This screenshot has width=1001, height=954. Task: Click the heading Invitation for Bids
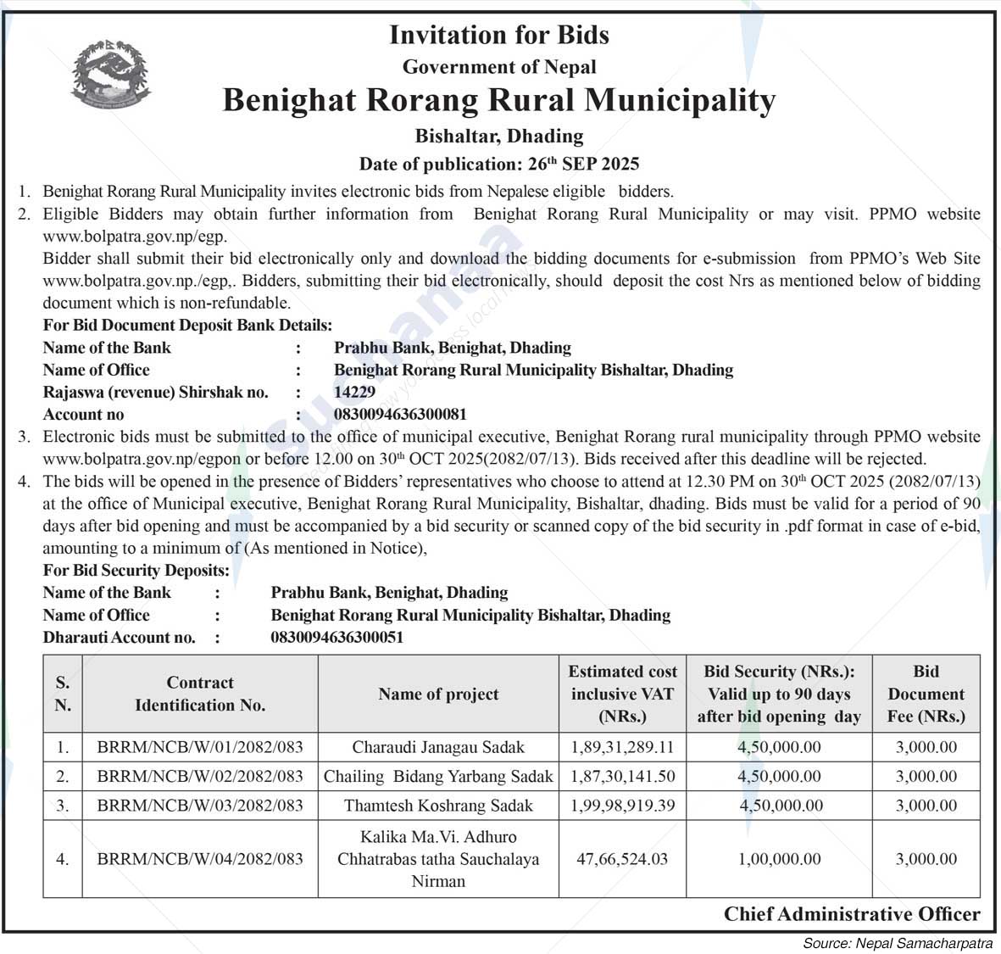498,35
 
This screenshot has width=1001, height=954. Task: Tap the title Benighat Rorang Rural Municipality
498,100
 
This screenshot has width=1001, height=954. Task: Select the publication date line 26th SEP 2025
498,164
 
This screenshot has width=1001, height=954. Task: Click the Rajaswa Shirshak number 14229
354,392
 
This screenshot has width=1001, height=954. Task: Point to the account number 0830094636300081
400,415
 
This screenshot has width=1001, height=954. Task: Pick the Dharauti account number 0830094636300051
336,637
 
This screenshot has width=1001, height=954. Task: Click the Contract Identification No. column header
200,694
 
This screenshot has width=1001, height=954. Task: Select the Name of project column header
438,694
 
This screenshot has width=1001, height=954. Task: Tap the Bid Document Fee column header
926,694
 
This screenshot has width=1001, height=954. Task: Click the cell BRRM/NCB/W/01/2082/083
200,747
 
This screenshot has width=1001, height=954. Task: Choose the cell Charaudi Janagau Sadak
438,747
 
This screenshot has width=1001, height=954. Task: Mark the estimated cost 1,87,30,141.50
622,776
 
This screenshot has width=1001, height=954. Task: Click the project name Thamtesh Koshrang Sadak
438,805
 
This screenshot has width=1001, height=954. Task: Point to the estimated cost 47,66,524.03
622,859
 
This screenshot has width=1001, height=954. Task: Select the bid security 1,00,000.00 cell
779,859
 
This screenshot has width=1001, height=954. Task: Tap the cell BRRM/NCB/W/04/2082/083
200,859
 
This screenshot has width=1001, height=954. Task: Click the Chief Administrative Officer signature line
851,913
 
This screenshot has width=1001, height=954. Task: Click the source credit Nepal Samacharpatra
898,943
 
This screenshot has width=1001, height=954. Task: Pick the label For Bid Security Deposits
136,571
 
